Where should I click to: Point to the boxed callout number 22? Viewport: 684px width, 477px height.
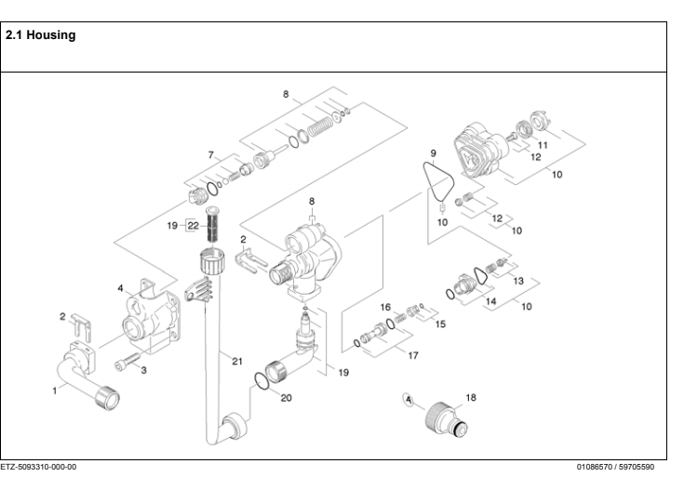pos(194,225)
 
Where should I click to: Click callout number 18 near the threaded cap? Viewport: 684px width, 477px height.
pos(469,397)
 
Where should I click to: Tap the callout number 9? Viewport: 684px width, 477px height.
pos(434,151)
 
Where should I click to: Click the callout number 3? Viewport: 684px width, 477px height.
pos(144,370)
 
